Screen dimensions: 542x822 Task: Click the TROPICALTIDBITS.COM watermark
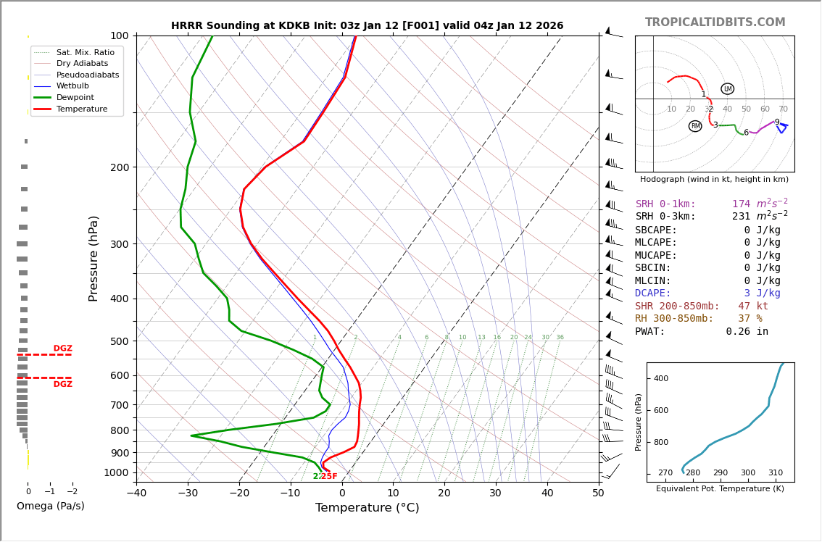[715, 22]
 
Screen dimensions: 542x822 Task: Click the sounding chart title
[367, 26]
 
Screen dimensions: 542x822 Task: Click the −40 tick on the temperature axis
[136, 493]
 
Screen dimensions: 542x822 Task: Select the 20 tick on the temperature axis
[444, 493]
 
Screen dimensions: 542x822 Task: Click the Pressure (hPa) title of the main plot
[94, 258]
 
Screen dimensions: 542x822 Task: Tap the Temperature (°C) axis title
[367, 509]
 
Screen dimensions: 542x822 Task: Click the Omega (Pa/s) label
[50, 506]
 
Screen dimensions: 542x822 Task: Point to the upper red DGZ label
[62, 349]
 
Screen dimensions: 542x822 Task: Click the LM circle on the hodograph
[727, 89]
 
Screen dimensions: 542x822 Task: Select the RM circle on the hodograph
[695, 126]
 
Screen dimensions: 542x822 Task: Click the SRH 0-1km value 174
[741, 204]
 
